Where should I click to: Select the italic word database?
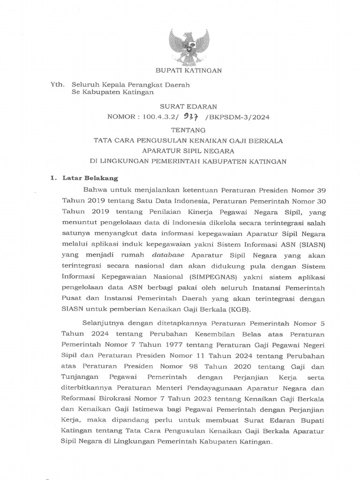pos(168,255)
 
